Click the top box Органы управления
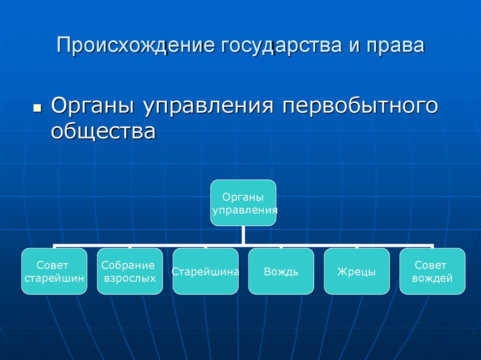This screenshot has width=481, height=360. (243, 203)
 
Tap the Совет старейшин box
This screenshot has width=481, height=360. (54, 271)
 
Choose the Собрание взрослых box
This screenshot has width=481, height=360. (130, 271)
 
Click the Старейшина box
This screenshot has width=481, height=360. (205, 271)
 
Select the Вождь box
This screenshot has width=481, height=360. (281, 271)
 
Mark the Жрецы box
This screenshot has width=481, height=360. (357, 271)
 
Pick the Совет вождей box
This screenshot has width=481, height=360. (432, 271)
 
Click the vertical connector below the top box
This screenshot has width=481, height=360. (243, 235)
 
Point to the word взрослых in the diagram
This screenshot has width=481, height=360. (130, 278)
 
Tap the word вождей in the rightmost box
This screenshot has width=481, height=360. (432, 278)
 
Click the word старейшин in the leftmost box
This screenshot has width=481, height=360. (54, 278)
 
